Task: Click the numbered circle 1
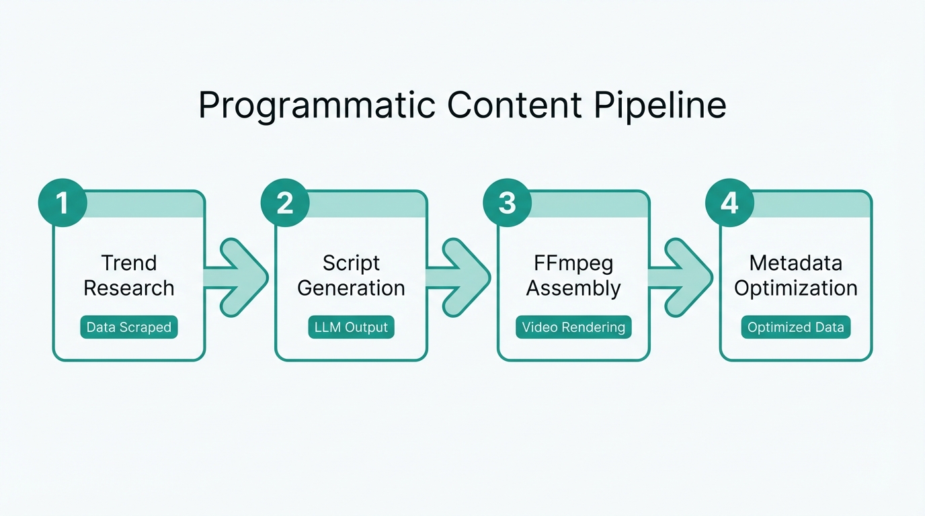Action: pos(63,202)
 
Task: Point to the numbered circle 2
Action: pos(285,202)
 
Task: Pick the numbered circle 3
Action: pos(508,202)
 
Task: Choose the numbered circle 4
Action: pos(729,202)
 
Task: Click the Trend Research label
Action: pos(128,275)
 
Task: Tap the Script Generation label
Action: pos(351,275)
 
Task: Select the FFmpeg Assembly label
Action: pos(573,275)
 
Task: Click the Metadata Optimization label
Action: pos(795,275)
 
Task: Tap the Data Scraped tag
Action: pos(128,328)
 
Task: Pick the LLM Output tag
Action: pos(351,328)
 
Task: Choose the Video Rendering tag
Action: pos(573,328)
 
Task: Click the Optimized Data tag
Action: pos(795,328)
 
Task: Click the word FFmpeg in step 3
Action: pos(573,263)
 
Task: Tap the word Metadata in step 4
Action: pos(795,263)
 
